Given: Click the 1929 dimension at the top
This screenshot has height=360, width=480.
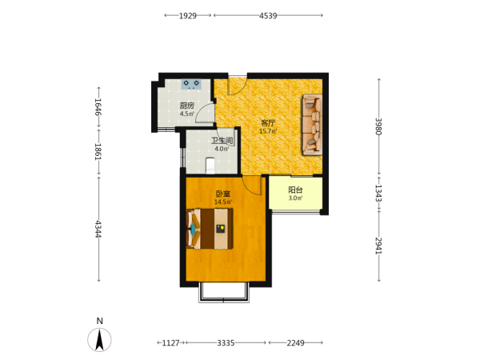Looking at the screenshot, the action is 188,16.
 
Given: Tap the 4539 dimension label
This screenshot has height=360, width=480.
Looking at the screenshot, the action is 268,16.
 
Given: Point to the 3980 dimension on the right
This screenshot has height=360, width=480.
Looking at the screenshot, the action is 378,126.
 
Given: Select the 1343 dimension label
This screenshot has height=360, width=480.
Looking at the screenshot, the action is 378,193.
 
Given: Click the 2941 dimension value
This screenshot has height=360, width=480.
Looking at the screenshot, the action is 378,246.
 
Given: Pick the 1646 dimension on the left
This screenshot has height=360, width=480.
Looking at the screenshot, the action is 98,106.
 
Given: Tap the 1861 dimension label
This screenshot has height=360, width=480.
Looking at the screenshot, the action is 98,152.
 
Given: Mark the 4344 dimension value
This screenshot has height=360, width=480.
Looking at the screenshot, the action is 98,229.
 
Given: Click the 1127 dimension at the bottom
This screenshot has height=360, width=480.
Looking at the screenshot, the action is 170,343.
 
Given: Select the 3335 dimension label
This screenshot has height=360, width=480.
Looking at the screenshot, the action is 226,343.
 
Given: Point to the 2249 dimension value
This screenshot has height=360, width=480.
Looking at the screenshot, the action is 295,343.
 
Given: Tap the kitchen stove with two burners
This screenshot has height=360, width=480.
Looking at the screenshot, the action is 191,84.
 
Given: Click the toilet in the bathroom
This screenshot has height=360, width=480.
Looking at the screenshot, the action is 210,166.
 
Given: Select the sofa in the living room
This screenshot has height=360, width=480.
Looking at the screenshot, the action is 312,125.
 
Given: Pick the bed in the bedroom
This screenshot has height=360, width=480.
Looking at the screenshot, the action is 210,229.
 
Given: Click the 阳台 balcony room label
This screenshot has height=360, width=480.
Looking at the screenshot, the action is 295,190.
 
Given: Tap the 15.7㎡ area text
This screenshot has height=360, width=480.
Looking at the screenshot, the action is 268,131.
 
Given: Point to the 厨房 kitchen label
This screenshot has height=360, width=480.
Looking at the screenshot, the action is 186,106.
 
